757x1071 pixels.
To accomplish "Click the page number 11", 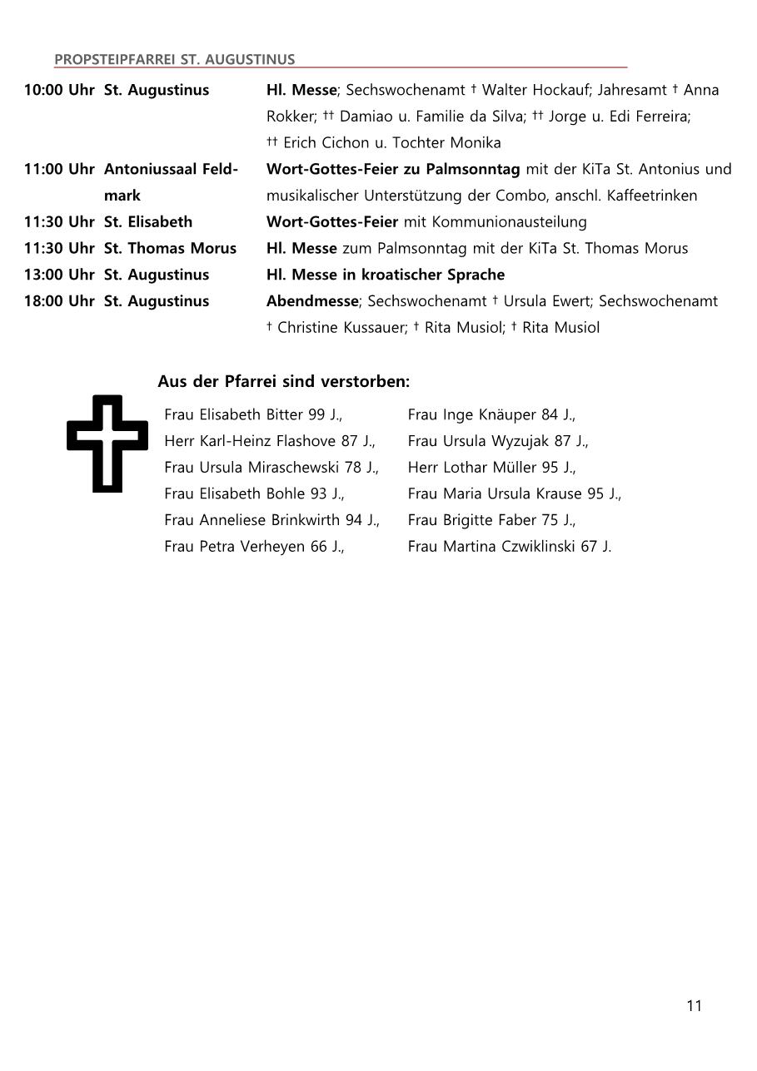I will [x=694, y=1005].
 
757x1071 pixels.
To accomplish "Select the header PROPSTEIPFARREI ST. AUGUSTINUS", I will [x=174, y=59].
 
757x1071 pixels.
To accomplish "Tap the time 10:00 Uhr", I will [x=59, y=90].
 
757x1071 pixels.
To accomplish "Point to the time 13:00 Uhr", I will [x=59, y=275].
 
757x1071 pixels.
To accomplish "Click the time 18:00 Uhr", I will [x=59, y=301].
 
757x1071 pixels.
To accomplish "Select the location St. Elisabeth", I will [x=148, y=222].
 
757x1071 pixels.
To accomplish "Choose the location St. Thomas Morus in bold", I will [x=170, y=248].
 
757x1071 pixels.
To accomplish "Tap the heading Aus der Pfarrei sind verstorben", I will [x=283, y=382].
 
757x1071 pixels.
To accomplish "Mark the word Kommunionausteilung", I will [x=509, y=222].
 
